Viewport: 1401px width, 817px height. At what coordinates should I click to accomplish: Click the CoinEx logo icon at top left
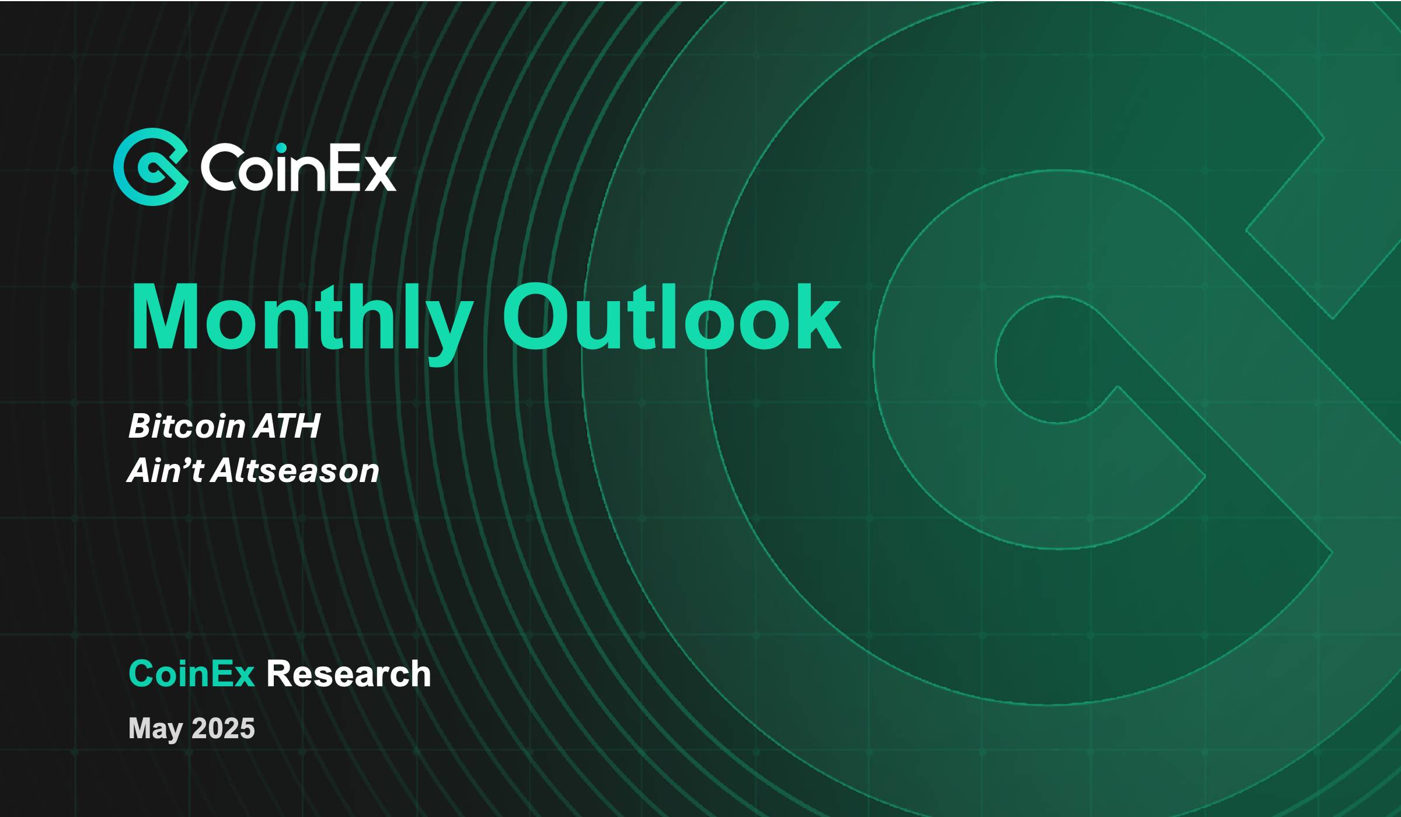click(151, 167)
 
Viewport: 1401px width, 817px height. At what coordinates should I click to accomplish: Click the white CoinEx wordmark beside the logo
click(298, 168)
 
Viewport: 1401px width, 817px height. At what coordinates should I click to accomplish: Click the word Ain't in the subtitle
click(165, 470)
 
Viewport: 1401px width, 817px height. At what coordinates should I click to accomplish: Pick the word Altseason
click(295, 470)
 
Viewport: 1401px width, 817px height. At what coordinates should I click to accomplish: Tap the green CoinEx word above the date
click(191, 674)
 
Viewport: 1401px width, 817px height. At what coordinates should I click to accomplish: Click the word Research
click(348, 674)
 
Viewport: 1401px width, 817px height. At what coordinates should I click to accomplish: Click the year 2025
click(223, 728)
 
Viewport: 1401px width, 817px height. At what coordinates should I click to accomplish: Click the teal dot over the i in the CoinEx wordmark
click(282, 148)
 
